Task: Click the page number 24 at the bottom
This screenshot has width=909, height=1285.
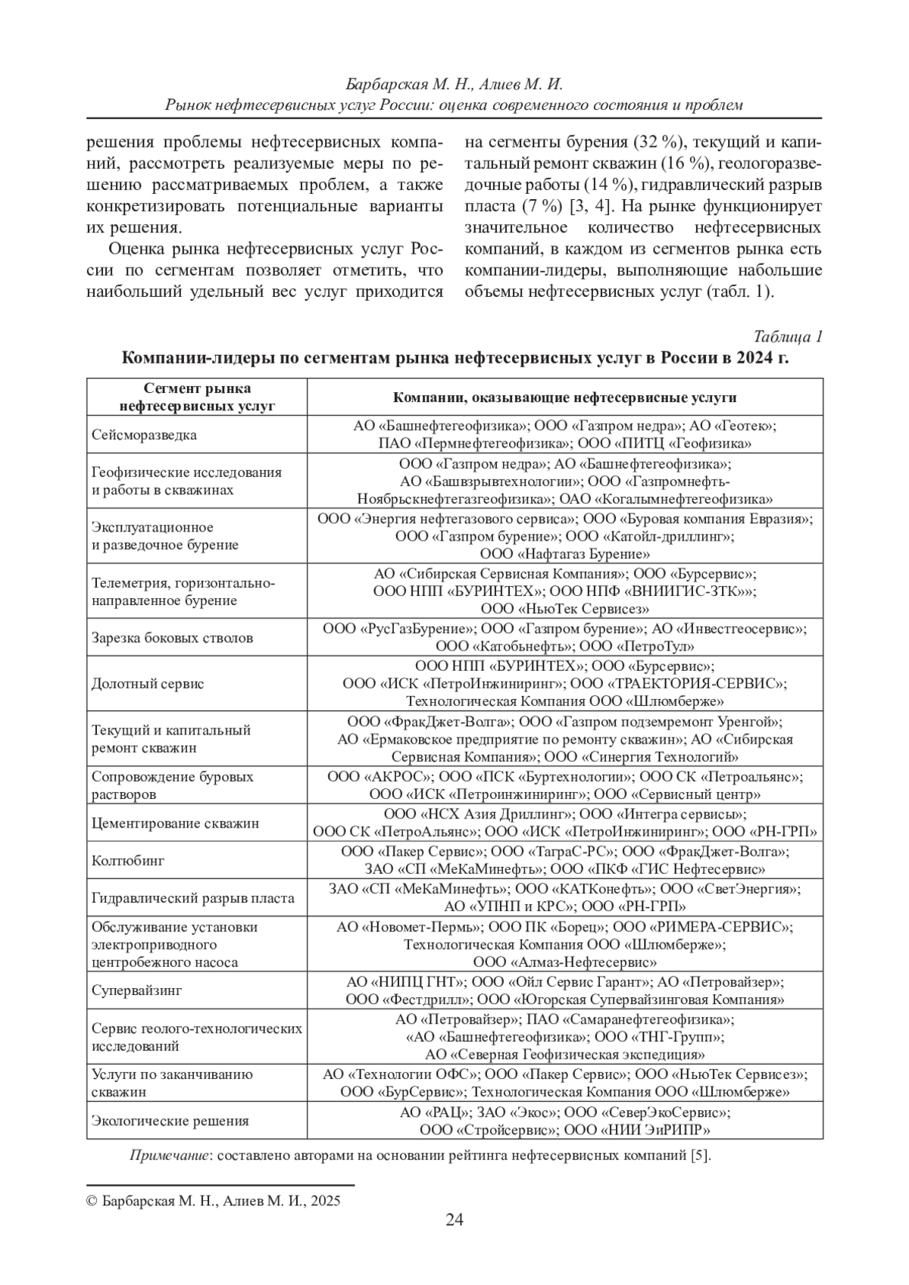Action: click(454, 1220)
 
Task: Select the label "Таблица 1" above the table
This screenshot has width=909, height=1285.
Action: click(788, 337)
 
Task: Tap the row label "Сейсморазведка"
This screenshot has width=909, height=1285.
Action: click(144, 435)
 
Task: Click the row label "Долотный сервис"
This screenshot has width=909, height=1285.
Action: click(148, 684)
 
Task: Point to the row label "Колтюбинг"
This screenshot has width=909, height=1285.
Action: click(128, 861)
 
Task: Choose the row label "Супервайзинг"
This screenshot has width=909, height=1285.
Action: click(137, 990)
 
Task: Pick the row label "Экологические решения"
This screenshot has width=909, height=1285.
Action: click(170, 1121)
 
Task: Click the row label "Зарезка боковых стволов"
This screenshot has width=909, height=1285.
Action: click(172, 638)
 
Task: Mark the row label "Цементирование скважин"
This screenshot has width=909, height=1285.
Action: click(175, 823)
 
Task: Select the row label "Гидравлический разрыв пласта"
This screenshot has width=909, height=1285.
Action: click(192, 899)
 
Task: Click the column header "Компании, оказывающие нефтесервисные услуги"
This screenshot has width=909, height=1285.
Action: click(564, 398)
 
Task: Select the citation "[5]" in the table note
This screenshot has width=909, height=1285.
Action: click(700, 1156)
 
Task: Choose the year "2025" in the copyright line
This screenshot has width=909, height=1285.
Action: click(324, 1201)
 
